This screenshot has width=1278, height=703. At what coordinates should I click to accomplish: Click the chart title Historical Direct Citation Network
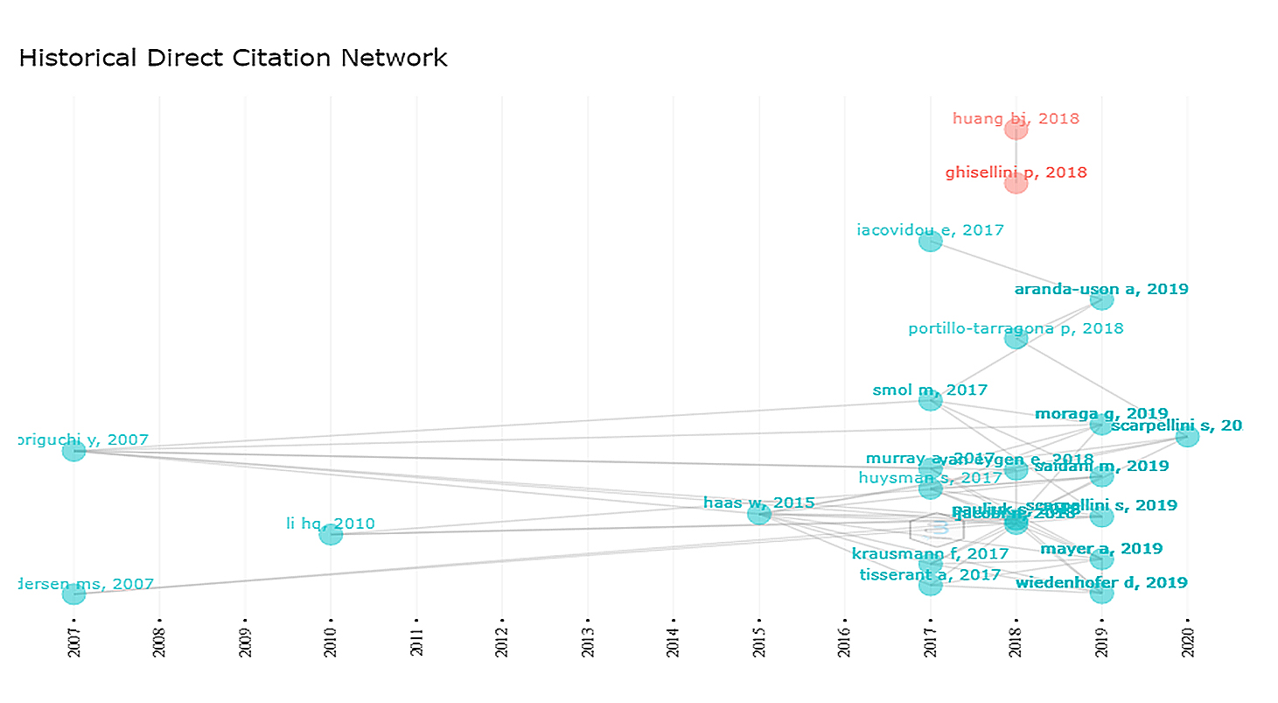233,59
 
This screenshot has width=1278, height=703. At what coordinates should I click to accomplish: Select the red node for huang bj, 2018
1016,130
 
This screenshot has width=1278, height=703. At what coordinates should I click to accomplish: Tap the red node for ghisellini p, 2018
1016,183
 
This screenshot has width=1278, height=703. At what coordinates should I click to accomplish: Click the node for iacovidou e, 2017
930,241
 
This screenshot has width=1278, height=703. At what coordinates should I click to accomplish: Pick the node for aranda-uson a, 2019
1101,299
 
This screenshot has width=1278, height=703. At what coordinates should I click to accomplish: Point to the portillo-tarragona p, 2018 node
1016,338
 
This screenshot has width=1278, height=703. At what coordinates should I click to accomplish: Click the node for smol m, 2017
930,400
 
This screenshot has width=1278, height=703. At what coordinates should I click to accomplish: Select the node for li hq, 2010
331,534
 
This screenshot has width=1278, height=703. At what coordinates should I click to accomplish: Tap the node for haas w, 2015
759,513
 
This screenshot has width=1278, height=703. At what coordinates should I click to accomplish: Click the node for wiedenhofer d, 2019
1101,593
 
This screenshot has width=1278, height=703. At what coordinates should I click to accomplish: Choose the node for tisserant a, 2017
930,584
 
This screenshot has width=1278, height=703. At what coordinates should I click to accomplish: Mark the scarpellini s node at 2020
1187,436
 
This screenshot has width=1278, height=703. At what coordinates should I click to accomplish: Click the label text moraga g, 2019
1101,413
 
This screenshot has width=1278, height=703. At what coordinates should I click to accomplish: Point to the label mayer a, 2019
1101,549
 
